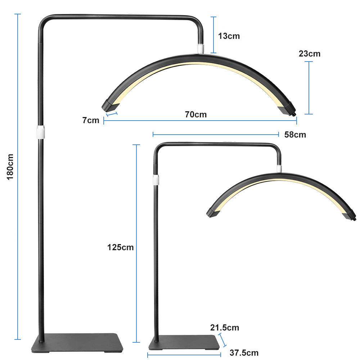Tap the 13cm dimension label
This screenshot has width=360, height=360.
tap(229, 36)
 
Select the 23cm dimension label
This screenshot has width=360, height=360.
tap(309, 54)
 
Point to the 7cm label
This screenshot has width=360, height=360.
tap(90, 120)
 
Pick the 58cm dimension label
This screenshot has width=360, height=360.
tap(295, 135)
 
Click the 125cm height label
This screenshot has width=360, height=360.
tap(120, 247)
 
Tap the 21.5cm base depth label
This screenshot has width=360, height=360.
tap(225, 328)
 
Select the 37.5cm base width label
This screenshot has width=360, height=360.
tap(244, 352)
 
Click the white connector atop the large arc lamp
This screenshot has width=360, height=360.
tap(201, 49)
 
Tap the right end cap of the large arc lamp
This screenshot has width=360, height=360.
tap(288, 109)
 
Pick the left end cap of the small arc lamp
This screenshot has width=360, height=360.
tap(212, 212)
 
